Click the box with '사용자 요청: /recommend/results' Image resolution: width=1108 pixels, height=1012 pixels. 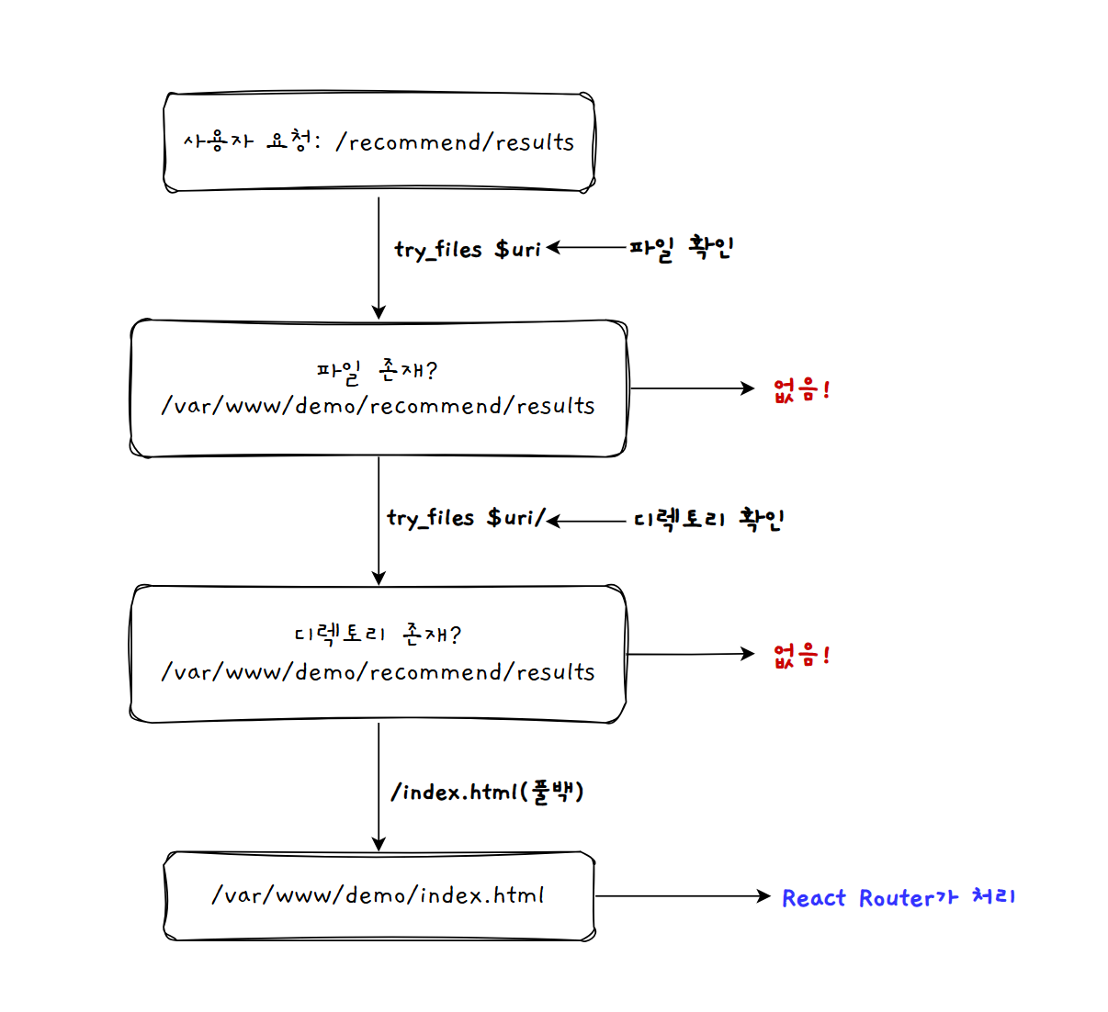[379, 142]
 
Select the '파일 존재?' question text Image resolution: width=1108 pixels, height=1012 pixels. [377, 370]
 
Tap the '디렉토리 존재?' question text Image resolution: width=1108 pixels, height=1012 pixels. [377, 635]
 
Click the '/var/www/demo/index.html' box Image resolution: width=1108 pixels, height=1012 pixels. [379, 895]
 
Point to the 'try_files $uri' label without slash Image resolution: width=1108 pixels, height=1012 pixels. [468, 249]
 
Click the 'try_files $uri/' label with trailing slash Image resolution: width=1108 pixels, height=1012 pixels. [466, 518]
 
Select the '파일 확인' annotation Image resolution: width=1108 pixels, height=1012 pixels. [681, 248]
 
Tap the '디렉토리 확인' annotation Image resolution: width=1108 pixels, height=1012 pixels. [708, 519]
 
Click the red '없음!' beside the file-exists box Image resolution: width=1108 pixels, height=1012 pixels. [802, 389]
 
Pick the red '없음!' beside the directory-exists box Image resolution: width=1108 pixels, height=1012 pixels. [802, 655]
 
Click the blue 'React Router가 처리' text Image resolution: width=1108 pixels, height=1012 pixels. [899, 897]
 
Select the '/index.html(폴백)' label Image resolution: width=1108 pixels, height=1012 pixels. [487, 792]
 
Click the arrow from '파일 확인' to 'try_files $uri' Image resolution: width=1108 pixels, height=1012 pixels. [588, 247]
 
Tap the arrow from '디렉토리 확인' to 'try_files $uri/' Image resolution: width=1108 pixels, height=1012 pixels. [588, 521]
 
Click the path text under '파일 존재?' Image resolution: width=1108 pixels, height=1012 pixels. [378, 406]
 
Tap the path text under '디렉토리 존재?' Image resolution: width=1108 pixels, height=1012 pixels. [378, 672]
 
